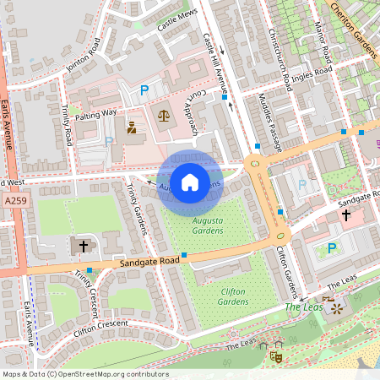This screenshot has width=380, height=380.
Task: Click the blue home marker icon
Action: coord(190,182)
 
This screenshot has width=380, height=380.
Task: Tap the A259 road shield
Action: coord(14,203)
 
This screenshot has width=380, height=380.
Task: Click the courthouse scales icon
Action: coord(162,115)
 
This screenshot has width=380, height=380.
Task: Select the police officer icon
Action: coord(131,129)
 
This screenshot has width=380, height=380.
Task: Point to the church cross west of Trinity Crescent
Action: coord(83,246)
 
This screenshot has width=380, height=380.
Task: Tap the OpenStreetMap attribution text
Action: coord(84,373)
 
